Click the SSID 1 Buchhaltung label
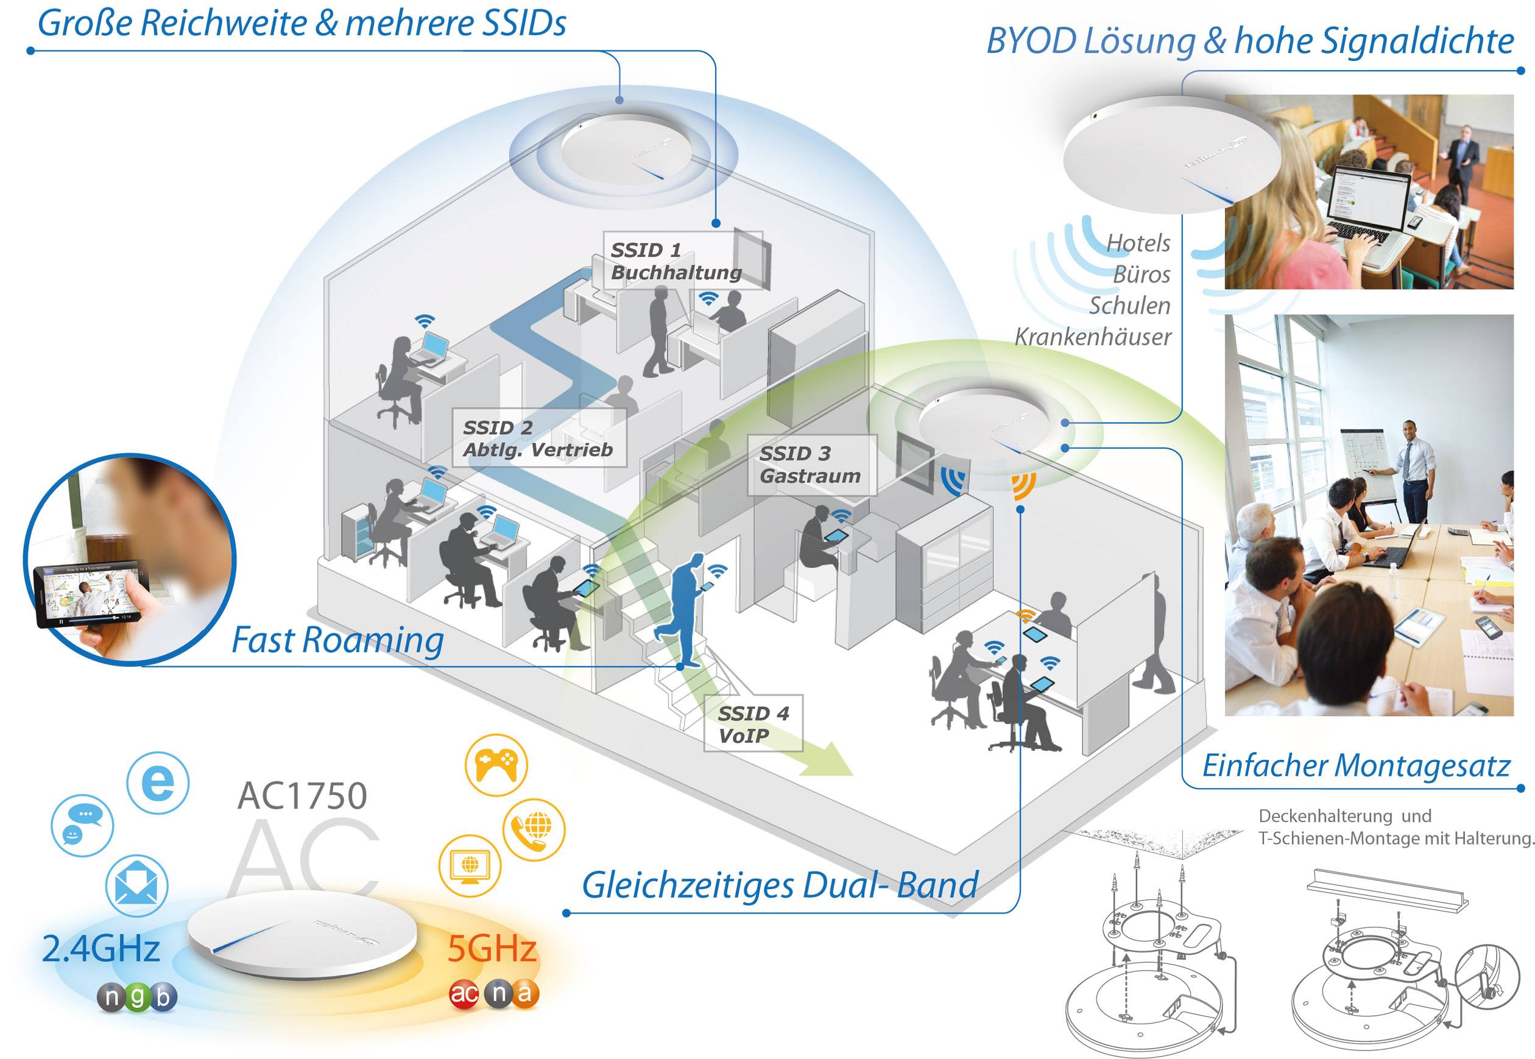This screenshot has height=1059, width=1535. [675, 261]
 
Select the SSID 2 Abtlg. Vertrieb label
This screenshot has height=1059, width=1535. [537, 438]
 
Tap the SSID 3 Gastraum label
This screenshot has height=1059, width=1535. [810, 465]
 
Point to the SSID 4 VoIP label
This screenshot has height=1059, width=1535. [752, 724]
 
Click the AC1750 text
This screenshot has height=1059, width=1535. [302, 795]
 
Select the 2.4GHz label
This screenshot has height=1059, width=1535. [101, 948]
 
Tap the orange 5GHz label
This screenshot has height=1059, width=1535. [491, 948]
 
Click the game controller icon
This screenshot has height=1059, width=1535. [496, 765]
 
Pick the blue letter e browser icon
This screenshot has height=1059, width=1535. [157, 783]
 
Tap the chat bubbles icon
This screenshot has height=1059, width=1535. [82, 825]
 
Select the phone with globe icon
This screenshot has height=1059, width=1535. [534, 829]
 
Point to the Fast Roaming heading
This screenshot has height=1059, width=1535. [337, 640]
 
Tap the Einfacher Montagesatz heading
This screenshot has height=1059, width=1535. [1356, 765]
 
